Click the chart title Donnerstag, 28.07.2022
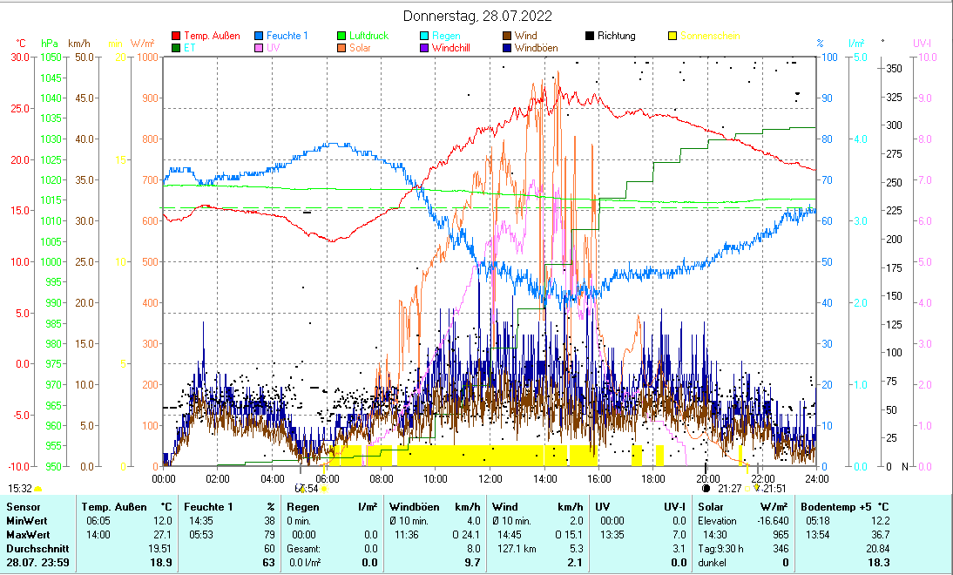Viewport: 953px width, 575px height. click(x=477, y=17)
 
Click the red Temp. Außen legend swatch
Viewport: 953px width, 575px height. click(x=177, y=36)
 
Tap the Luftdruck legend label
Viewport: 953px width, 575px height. click(x=369, y=36)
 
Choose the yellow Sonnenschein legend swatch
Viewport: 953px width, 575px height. click(x=672, y=36)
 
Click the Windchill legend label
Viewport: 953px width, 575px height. click(x=451, y=48)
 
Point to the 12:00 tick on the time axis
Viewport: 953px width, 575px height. click(x=490, y=478)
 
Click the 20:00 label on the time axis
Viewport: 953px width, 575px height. click(x=708, y=478)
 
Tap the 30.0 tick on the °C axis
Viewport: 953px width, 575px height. click(x=17, y=57)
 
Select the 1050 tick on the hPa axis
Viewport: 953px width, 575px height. click(x=51, y=57)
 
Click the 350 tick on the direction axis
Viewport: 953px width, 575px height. click(x=893, y=68)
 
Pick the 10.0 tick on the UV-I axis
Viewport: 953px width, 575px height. click(x=927, y=57)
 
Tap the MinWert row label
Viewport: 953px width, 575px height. click(x=27, y=520)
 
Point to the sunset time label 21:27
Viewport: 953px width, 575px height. click(x=730, y=489)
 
